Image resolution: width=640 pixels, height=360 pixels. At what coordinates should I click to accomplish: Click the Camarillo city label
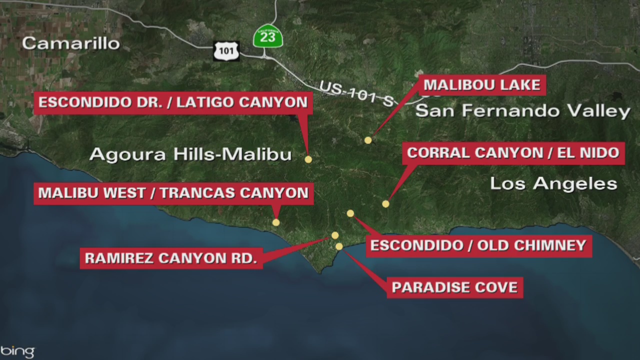click(70, 43)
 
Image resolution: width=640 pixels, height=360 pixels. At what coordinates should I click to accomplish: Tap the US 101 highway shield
click(226, 51)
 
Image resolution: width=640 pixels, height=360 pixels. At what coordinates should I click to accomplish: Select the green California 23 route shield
click(268, 36)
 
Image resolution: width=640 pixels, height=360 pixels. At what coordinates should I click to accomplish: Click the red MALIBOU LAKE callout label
click(482, 85)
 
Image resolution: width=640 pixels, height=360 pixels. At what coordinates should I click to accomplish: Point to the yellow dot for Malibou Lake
click(368, 140)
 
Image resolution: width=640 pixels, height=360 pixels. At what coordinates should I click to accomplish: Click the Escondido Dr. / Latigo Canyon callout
click(173, 103)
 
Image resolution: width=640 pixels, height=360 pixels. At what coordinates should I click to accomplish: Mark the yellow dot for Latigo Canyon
click(308, 159)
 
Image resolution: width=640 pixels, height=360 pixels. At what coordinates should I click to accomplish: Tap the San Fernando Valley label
click(522, 111)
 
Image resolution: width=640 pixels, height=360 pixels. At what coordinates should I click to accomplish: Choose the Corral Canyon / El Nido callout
click(513, 153)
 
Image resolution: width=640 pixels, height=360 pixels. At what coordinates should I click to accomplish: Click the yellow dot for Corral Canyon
click(385, 204)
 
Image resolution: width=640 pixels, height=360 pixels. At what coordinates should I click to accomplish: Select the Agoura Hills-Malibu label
click(190, 154)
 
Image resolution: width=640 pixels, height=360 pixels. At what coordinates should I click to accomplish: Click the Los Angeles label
click(553, 183)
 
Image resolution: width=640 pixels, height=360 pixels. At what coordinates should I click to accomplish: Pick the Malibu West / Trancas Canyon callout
click(173, 193)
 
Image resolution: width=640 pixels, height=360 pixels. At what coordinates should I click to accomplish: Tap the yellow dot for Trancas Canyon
click(276, 222)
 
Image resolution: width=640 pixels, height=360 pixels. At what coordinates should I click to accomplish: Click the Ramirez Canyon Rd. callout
click(171, 258)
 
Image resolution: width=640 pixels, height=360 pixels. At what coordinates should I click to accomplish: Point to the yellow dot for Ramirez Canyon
click(335, 235)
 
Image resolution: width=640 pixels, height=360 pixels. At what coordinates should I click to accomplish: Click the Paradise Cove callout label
click(454, 287)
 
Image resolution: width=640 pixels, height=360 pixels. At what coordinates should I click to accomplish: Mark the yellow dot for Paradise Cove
click(339, 246)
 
